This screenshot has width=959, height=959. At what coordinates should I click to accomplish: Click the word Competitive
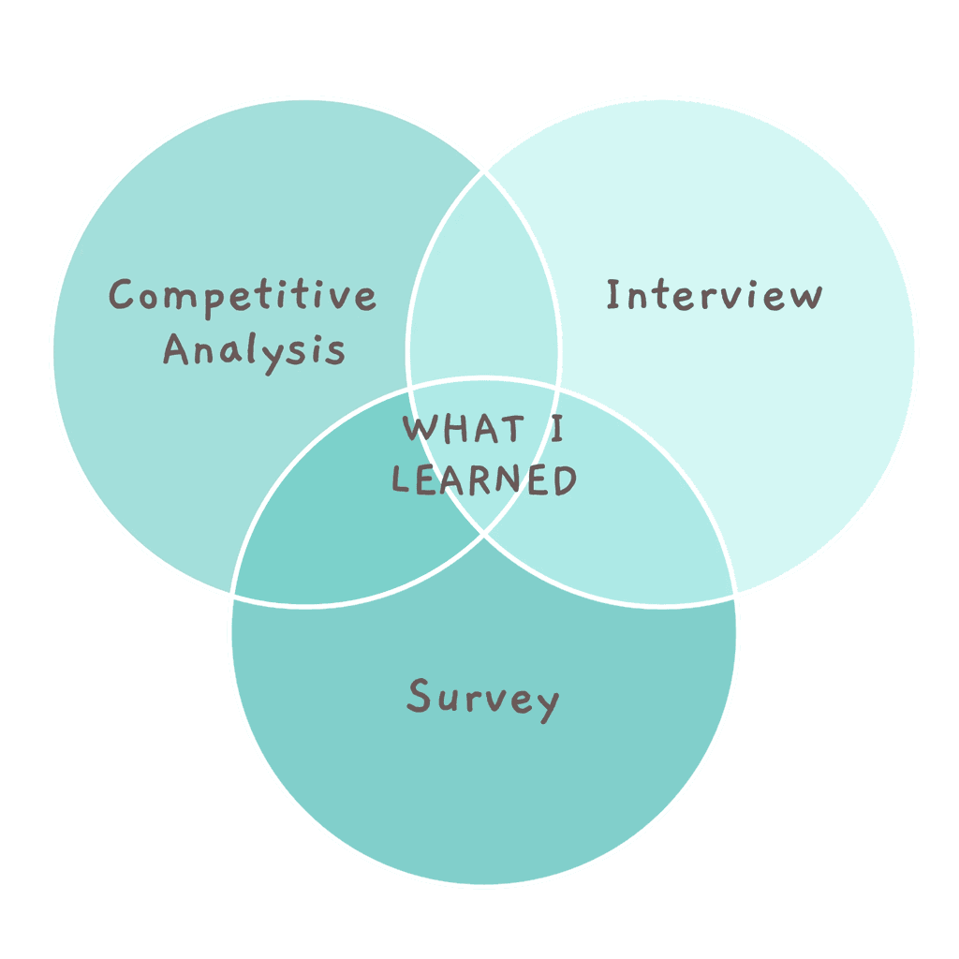coord(243,295)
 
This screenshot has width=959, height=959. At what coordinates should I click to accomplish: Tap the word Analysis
coord(255,351)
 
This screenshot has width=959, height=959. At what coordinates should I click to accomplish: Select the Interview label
coord(714,295)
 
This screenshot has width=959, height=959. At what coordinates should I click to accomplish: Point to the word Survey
coord(482,699)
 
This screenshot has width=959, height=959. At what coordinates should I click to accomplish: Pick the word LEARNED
coord(483,480)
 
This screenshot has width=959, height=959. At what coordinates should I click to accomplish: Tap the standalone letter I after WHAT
coord(556,430)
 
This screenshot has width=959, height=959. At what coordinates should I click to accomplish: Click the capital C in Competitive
coord(122,295)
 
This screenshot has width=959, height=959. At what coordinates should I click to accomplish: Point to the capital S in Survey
coord(419,696)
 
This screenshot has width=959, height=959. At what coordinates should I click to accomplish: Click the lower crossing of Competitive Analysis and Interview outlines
coord(484,534)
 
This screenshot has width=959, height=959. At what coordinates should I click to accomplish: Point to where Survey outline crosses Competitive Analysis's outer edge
coord(232,595)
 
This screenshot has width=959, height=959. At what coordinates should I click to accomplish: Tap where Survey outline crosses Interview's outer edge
coord(735,595)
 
